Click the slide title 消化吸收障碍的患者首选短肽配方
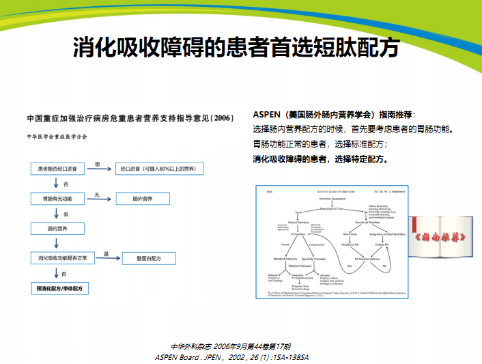[236, 48]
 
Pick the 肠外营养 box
[143, 198]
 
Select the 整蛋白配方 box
[147, 258]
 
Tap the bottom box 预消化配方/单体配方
[59, 289]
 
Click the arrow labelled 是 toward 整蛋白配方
[106, 257]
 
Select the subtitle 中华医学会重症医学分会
[57, 135]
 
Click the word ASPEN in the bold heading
[267, 114]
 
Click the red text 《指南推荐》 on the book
[444, 237]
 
